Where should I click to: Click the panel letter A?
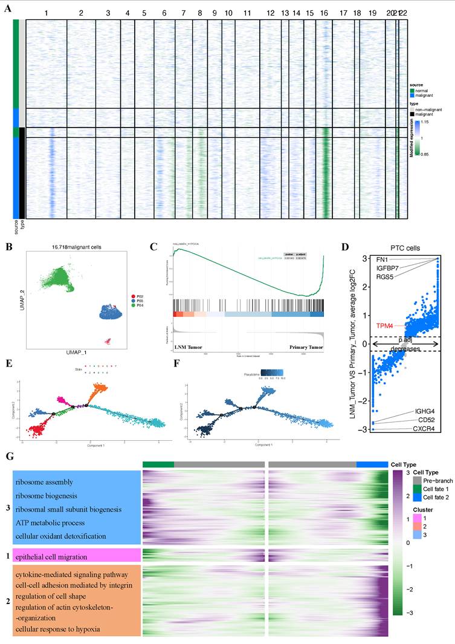coord(7,8)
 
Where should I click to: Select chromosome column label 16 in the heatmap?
coord(324,13)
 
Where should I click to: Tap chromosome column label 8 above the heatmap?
coord(200,13)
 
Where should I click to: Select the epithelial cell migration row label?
coord(52,556)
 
